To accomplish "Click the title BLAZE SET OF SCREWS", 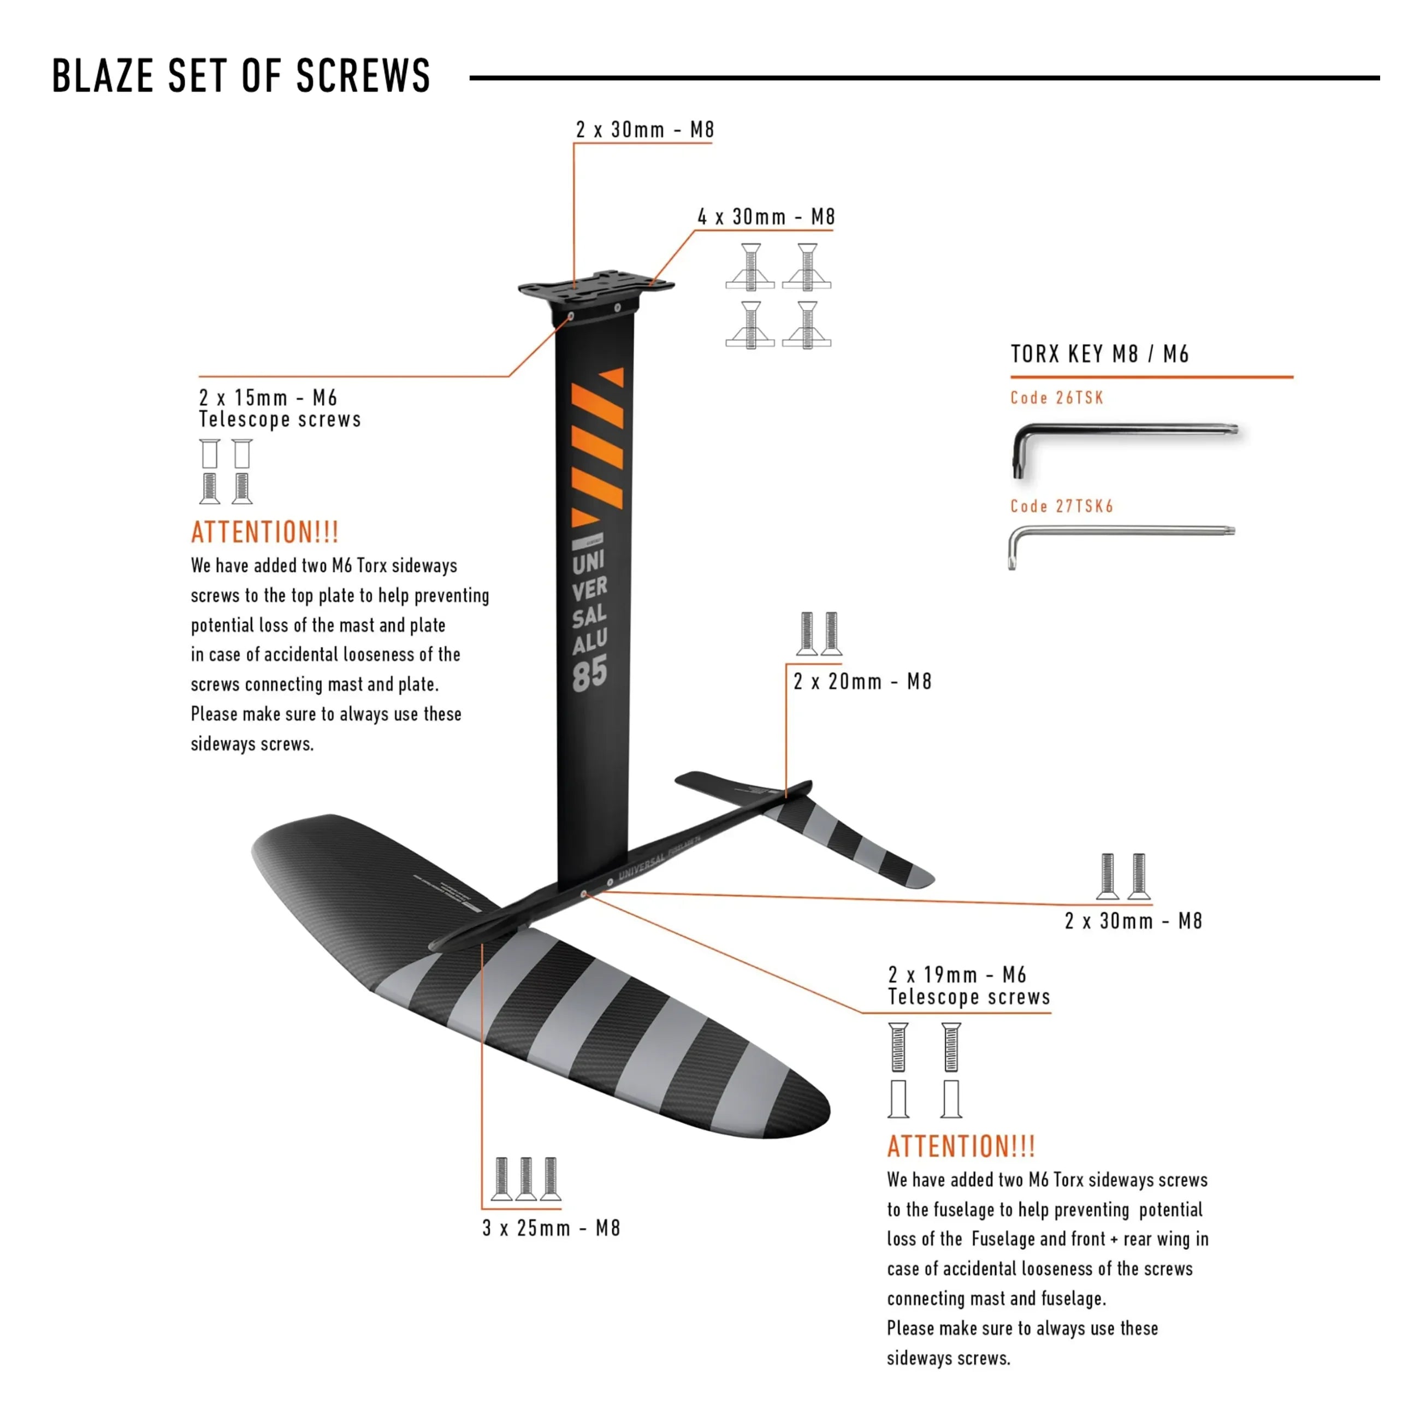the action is pyautogui.click(x=241, y=76).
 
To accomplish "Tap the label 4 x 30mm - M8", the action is pyautogui.click(x=766, y=217).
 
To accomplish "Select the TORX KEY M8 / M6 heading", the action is pyautogui.click(x=1099, y=354).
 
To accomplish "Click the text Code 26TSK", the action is pyautogui.click(x=1056, y=398).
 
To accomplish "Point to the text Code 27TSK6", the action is pyautogui.click(x=1061, y=506).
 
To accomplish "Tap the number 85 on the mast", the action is pyautogui.click(x=590, y=674).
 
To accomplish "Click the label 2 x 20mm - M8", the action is pyautogui.click(x=862, y=682).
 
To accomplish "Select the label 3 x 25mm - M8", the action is pyautogui.click(x=551, y=1228).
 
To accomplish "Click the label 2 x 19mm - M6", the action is pyautogui.click(x=956, y=974).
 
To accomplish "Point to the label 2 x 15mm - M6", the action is pyautogui.click(x=268, y=398).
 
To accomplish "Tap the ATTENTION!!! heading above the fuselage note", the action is pyautogui.click(x=961, y=1146).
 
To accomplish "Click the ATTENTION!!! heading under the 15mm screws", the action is pyautogui.click(x=264, y=532).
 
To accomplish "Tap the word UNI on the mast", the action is pyautogui.click(x=589, y=563).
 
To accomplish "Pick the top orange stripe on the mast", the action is pyautogui.click(x=612, y=376).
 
